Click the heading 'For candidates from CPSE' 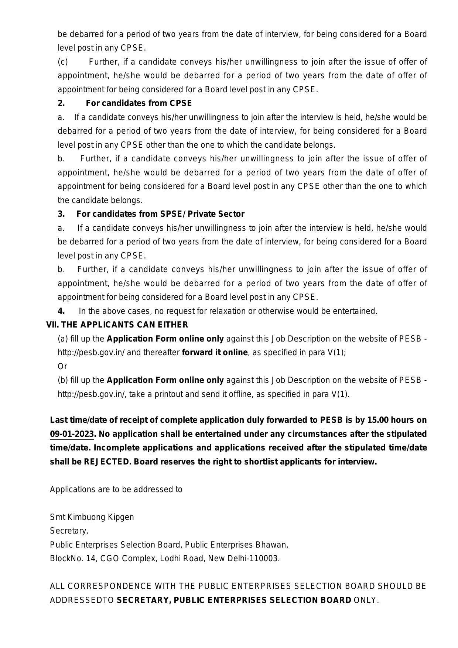pos(139,103)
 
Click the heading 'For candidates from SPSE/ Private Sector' pos(160,214)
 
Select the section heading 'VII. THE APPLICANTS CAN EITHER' pos(117,325)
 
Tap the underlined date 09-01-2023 pos(72,434)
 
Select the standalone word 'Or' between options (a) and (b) pos(62,367)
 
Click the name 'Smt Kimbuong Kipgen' pos(92,517)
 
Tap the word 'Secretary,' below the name pos(69,531)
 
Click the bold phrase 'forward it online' pos(215,353)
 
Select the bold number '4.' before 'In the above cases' pos(61,311)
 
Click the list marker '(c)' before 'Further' pos(63,62)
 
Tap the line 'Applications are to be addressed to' pos(116,490)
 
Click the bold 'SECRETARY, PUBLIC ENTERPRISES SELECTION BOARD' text pos(234,600)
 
